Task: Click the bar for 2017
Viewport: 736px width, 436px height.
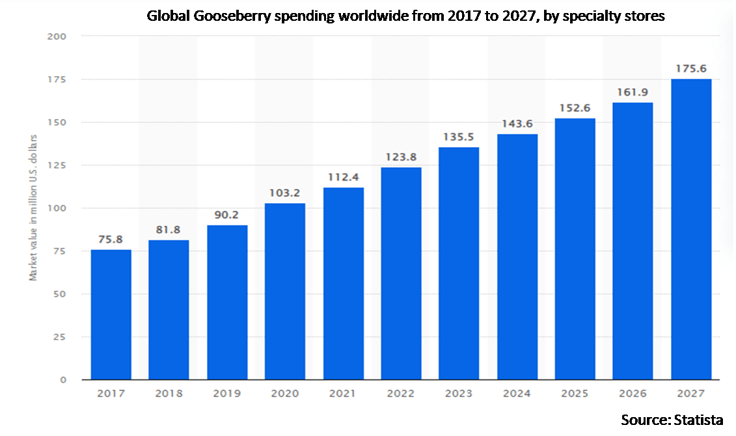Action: [x=111, y=314]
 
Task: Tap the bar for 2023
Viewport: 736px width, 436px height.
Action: [x=458, y=264]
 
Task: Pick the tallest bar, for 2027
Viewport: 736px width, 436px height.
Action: [x=690, y=229]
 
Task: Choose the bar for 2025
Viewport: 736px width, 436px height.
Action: [x=575, y=249]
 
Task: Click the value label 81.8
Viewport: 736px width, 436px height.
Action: [x=169, y=230]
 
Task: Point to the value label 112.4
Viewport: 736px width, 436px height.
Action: [x=343, y=177]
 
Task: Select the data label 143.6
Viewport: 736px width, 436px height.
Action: [x=517, y=124]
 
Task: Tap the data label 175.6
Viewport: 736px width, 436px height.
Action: [x=690, y=68]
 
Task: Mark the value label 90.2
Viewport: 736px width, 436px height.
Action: [x=226, y=215]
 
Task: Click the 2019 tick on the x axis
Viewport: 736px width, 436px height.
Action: [x=226, y=394]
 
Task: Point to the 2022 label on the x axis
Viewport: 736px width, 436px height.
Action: [x=401, y=394]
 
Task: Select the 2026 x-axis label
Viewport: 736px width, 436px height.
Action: [x=633, y=394]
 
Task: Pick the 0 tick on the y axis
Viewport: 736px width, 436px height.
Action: [x=63, y=379]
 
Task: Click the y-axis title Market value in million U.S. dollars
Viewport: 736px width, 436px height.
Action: [x=33, y=207]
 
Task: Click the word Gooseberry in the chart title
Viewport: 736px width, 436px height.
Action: [x=225, y=17]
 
